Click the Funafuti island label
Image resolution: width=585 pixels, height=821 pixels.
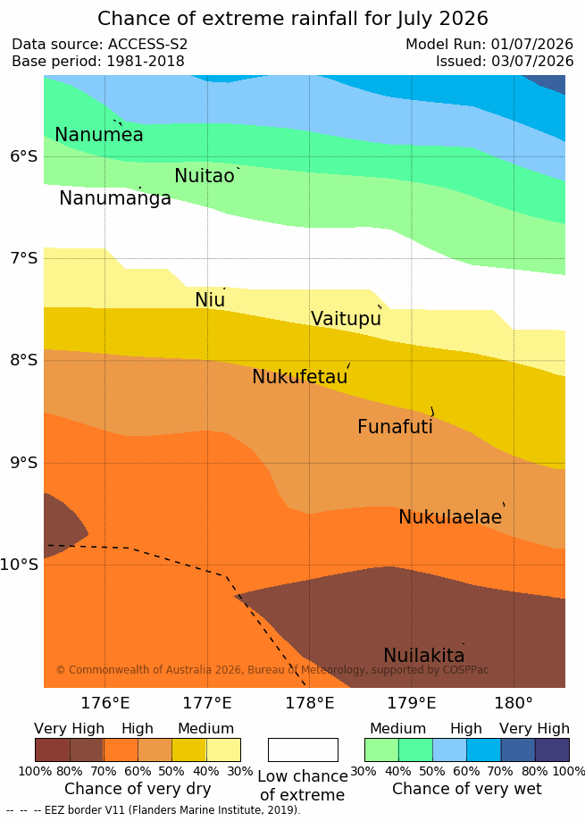pos(395,427)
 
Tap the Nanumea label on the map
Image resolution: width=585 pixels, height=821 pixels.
pos(99,135)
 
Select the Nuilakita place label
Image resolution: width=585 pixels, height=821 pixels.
pos(424,656)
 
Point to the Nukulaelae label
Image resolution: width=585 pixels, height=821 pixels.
pos(450,516)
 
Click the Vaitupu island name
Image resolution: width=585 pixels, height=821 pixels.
pos(346,318)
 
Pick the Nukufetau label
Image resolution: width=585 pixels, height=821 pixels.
pos(300,376)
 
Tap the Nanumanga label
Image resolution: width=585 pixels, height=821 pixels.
pos(115,198)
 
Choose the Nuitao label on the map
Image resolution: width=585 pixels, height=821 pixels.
pos(205,176)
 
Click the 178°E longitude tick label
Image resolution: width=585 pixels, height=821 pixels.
pos(309,703)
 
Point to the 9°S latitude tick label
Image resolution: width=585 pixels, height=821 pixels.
pos(24,463)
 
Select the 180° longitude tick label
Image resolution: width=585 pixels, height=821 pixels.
pos(514,703)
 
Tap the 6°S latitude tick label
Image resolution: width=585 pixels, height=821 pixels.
pos(24,156)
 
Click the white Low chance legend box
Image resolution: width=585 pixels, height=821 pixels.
pos(303,750)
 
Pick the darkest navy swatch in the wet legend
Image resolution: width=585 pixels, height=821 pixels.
pos(552,750)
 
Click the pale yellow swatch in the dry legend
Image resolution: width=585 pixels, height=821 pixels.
pos(223,750)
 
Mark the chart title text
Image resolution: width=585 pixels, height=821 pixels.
pos(293,19)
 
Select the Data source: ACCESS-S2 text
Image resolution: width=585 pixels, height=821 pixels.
pos(99,44)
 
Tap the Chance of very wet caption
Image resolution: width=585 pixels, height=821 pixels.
pos(467,789)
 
